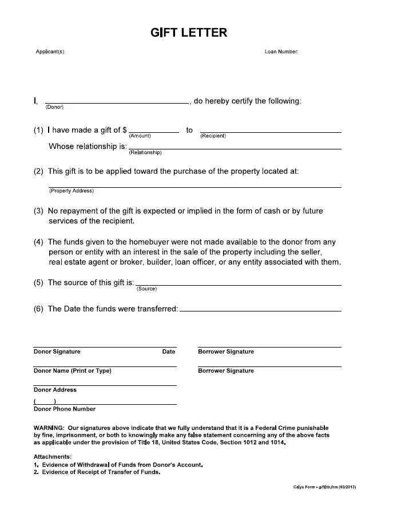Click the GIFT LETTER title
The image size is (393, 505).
[188, 33]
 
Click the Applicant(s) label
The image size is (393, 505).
[50, 52]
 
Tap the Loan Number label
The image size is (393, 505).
[281, 52]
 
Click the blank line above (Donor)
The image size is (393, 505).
[117, 103]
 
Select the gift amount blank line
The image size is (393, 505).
[154, 132]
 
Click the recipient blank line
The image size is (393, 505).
[278, 132]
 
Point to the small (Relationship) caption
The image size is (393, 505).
[145, 153]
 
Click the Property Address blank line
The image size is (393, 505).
[195, 187]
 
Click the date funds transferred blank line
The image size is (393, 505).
[260, 310]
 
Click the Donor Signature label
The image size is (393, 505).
[57, 352]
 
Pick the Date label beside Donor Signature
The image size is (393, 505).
[169, 352]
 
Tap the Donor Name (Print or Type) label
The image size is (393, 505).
[73, 371]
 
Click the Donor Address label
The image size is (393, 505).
[55, 390]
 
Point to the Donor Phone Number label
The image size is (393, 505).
[65, 409]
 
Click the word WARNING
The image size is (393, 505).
[49, 428]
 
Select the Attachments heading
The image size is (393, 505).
[53, 456]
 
